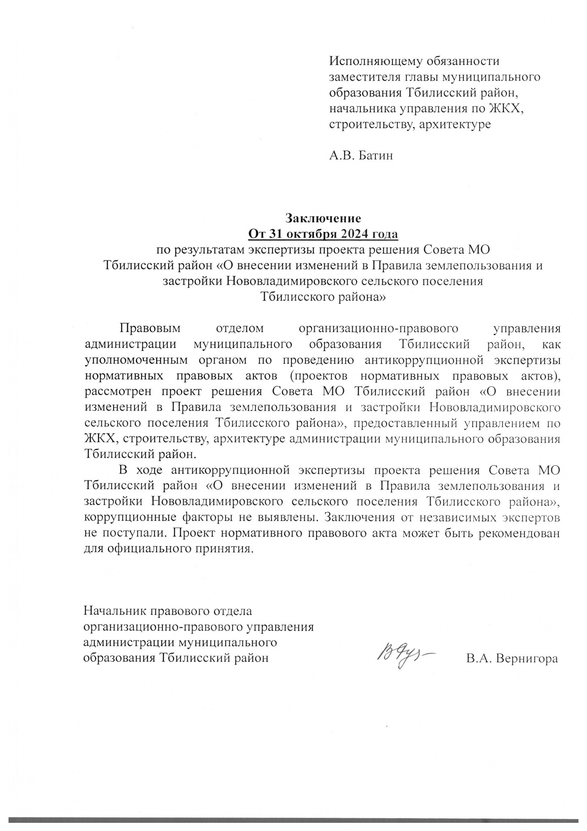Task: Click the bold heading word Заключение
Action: (323, 218)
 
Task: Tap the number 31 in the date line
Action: (278, 234)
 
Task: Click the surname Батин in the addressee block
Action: (375, 156)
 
